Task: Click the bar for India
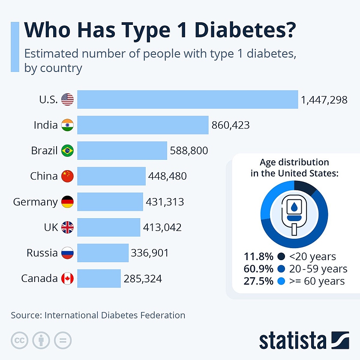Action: (x=143, y=125)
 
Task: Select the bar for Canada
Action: (x=99, y=279)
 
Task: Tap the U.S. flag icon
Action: (x=67, y=100)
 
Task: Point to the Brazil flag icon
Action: (x=67, y=151)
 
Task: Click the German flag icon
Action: (x=67, y=202)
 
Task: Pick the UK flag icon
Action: (x=67, y=227)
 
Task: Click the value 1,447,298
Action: (x=324, y=100)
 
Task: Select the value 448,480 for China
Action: (x=168, y=176)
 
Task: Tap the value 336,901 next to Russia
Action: (x=150, y=253)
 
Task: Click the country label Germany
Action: (x=36, y=202)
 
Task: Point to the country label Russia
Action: (x=42, y=253)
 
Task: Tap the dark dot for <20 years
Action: (x=281, y=257)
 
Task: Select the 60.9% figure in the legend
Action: (x=258, y=269)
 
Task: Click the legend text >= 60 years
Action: (x=317, y=281)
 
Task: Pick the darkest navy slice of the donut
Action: (x=306, y=186)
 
